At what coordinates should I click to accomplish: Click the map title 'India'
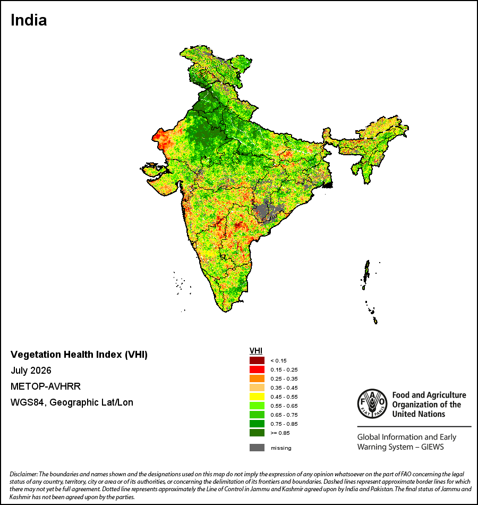tap(29, 20)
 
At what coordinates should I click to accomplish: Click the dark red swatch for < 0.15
tap(257, 360)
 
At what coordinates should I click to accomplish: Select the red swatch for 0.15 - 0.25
tap(257, 369)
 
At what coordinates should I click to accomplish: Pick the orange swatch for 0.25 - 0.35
tap(257, 378)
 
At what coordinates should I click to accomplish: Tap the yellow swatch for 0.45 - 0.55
tap(257, 397)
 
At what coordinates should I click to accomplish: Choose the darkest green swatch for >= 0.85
tap(257, 433)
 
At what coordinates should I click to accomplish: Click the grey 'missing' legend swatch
tap(257, 448)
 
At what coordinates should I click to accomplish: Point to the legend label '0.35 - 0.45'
tap(284, 388)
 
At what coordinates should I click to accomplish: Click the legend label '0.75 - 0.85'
tap(284, 424)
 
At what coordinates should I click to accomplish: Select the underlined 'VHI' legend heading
tap(256, 351)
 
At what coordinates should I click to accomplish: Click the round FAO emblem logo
tap(372, 403)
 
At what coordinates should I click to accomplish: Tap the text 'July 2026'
tap(31, 371)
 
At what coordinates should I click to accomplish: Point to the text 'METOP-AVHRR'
tap(46, 386)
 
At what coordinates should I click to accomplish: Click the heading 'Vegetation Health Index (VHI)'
tap(79, 355)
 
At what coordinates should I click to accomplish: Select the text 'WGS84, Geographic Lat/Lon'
tap(72, 402)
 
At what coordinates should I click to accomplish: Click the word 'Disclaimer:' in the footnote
tap(24, 474)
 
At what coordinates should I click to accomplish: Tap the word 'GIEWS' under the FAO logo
tap(432, 447)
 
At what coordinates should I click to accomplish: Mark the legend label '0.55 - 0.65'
tap(284, 406)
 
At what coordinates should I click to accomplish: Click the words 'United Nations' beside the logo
tap(419, 414)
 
